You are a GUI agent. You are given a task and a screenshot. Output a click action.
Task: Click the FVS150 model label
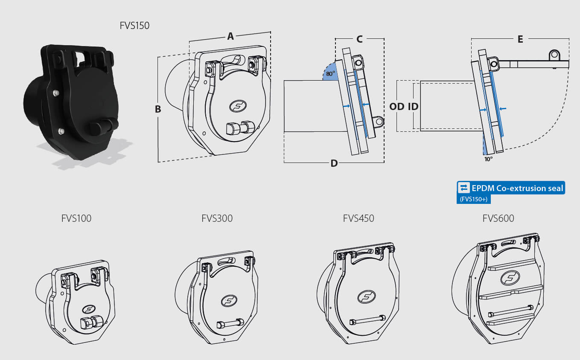(x=134, y=26)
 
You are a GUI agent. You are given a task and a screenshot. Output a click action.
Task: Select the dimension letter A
(x=230, y=37)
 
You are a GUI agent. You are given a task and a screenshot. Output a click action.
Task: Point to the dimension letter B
(x=158, y=109)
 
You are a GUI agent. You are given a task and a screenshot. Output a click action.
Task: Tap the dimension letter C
(x=359, y=39)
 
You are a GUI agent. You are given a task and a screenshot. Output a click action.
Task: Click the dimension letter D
(x=334, y=163)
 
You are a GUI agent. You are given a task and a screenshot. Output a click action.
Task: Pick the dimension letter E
(x=520, y=39)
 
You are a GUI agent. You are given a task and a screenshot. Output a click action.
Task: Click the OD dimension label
(x=397, y=107)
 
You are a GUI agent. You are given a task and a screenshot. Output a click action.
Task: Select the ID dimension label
(x=413, y=107)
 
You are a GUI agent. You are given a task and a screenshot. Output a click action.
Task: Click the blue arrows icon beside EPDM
(x=463, y=188)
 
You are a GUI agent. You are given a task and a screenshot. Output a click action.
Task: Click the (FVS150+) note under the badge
(x=473, y=199)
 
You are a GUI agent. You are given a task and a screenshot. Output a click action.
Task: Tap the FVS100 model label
(x=76, y=218)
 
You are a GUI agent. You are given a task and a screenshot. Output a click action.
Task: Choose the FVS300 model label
(x=217, y=218)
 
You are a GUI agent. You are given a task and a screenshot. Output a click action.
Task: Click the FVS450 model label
(x=358, y=218)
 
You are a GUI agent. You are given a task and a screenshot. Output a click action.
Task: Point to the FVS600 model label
(x=498, y=218)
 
